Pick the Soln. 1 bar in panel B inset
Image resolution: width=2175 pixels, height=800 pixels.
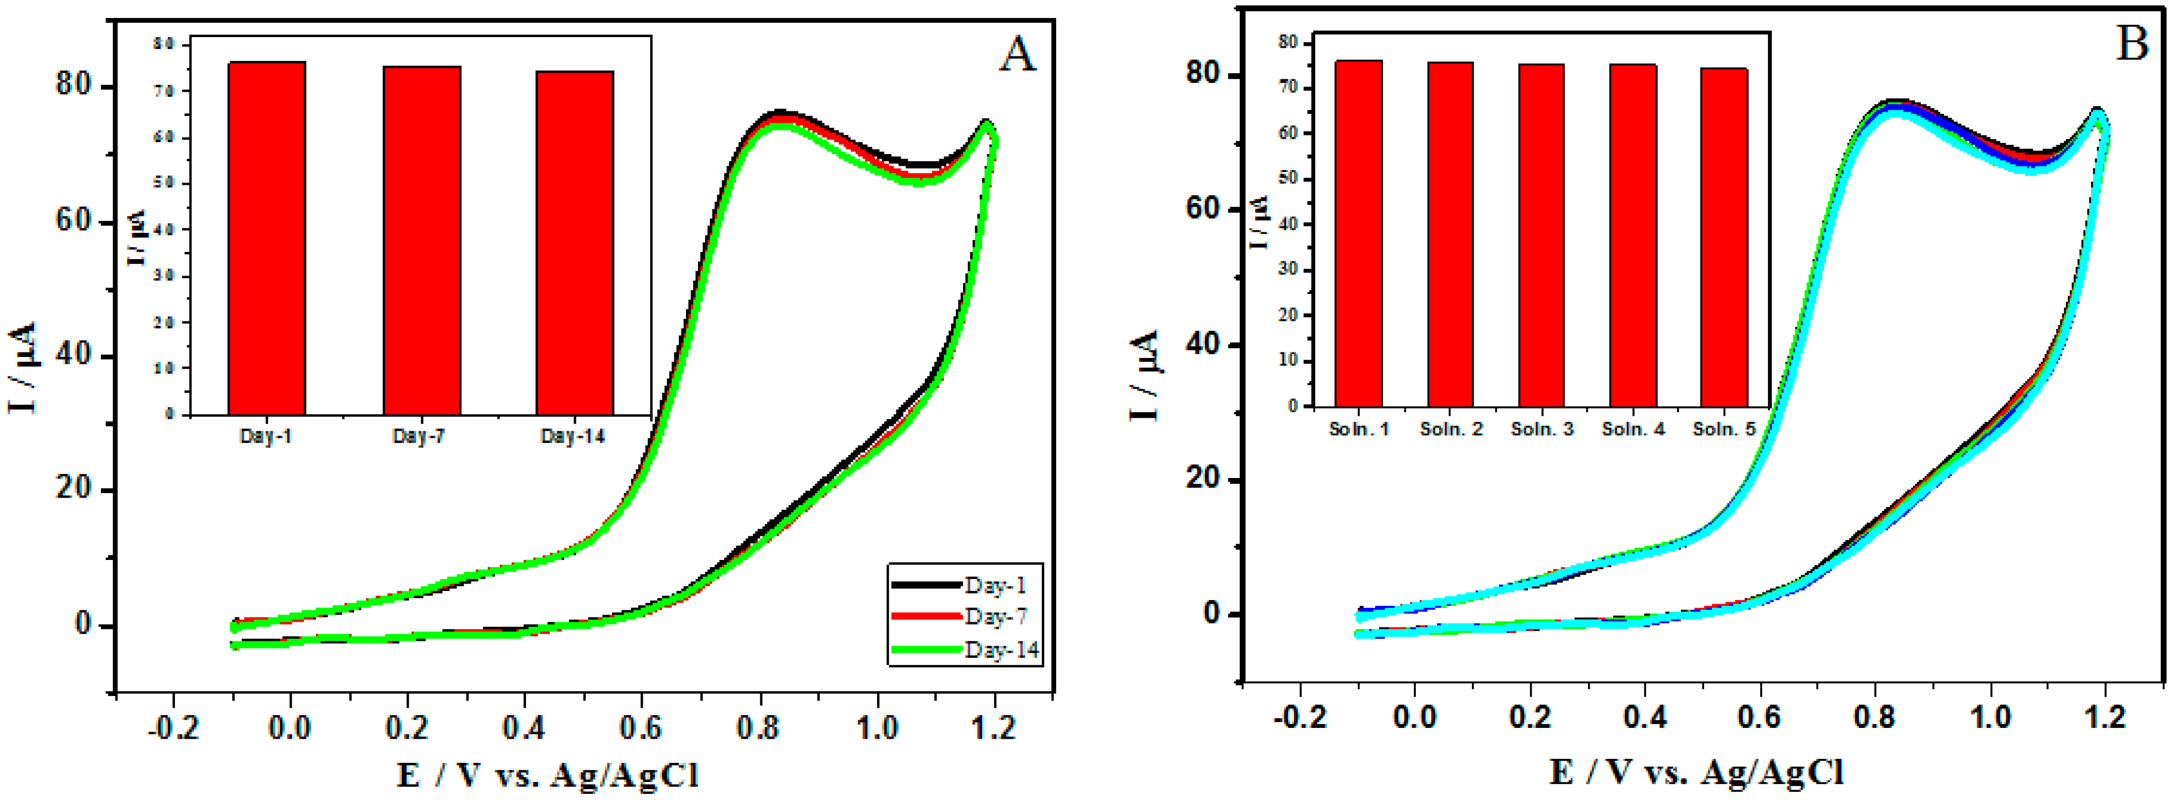(1359, 234)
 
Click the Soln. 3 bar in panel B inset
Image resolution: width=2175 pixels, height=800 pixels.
(1541, 236)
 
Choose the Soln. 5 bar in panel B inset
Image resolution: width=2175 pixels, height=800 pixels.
(1723, 238)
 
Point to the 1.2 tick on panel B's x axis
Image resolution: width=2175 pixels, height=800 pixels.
(2105, 717)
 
